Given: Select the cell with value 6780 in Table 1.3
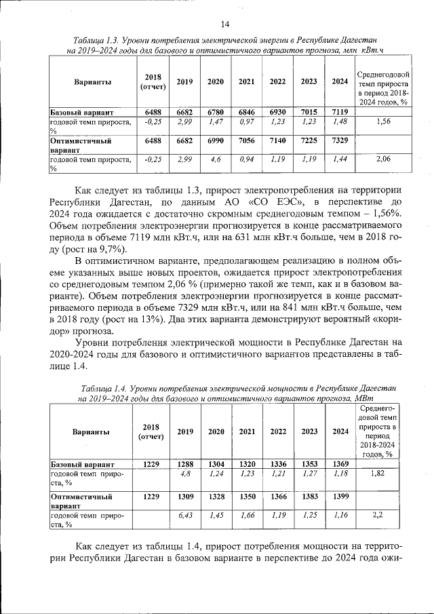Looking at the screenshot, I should coord(216,111).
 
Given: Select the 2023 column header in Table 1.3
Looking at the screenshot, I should coord(309,81).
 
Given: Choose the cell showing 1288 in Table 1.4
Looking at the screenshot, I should coord(185,464).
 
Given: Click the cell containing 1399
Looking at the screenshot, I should coord(340,497).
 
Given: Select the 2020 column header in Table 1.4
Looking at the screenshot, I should coord(216,431).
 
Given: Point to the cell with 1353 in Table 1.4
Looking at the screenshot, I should coord(309,464).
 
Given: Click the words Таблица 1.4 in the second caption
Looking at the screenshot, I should coord(103,387).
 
